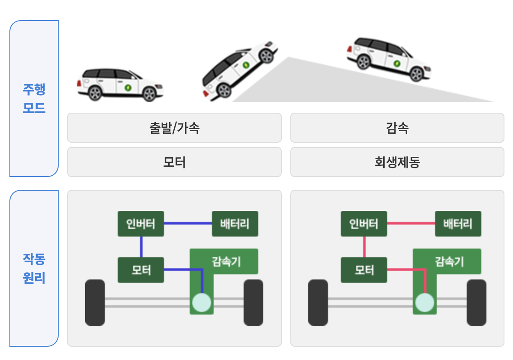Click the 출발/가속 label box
[x=174, y=128]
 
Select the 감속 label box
[x=397, y=128]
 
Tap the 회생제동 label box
[x=397, y=162]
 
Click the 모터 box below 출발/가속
[x=174, y=162]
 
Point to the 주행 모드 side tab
[x=34, y=99]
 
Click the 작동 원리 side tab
[x=34, y=268]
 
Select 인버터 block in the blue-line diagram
[x=141, y=223]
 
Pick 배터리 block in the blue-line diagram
[x=235, y=223]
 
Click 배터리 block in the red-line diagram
[x=458, y=223]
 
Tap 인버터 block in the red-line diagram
[x=364, y=223]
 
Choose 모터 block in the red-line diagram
[x=364, y=270]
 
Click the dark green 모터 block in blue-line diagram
[x=141, y=270]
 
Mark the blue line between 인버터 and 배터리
[x=188, y=223]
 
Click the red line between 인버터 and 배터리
[x=411, y=223]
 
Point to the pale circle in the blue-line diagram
[x=201, y=302]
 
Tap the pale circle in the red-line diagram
[x=424, y=302]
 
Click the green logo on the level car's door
[x=128, y=87]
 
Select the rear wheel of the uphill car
[x=223, y=90]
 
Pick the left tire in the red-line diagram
[x=318, y=302]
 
